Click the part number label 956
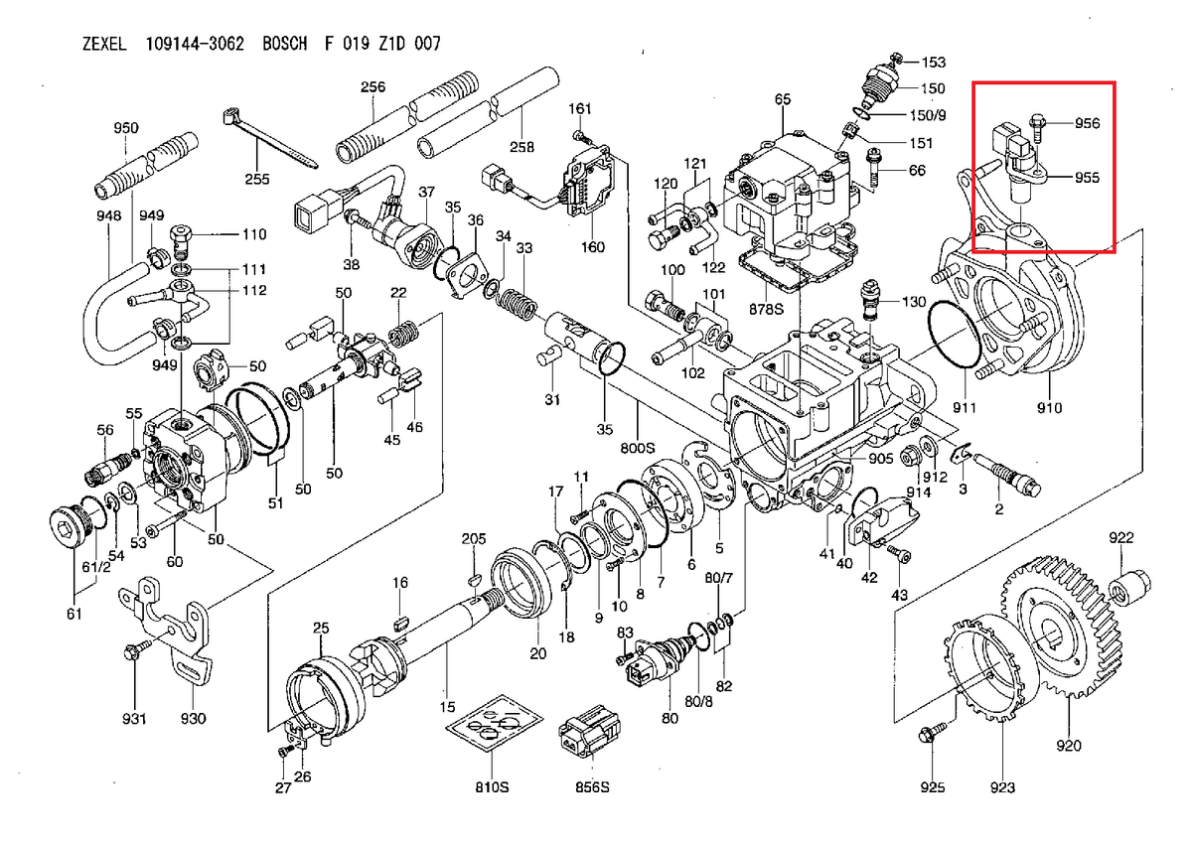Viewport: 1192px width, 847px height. pyautogui.click(x=1086, y=123)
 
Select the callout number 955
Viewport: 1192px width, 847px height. pyautogui.click(x=1086, y=178)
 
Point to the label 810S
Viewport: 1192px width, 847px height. pyautogui.click(x=492, y=788)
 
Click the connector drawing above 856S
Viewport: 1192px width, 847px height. pyautogui.click(x=591, y=734)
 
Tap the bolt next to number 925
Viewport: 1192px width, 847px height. pyautogui.click(x=931, y=736)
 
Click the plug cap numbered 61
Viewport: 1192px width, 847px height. pyautogui.click(x=68, y=527)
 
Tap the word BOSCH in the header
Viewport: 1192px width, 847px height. pyautogui.click(x=285, y=45)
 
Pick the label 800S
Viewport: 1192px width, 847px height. pyautogui.click(x=638, y=449)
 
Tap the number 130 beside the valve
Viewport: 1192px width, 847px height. pyautogui.click(x=914, y=301)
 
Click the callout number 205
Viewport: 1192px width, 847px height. pyautogui.click(x=474, y=537)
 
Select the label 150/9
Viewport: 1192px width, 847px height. pyautogui.click(x=930, y=115)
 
